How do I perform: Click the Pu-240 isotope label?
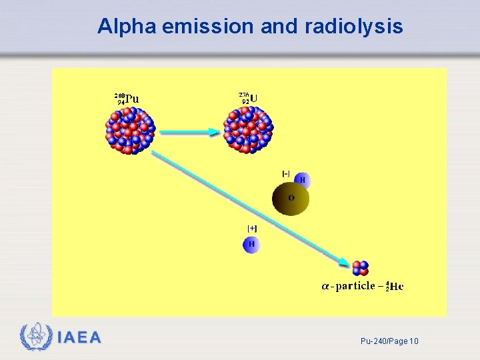127,99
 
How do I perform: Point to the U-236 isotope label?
249,98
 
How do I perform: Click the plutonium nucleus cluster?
130,130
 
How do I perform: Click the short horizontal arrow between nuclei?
190,133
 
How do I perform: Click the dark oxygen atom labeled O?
291,198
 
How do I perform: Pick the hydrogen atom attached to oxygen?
302,180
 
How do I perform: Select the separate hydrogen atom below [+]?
251,245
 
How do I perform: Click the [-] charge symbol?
286,174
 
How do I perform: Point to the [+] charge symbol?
252,229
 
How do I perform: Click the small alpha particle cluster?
360,268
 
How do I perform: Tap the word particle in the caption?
355,286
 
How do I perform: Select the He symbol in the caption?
396,287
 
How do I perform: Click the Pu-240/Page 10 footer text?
389,341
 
